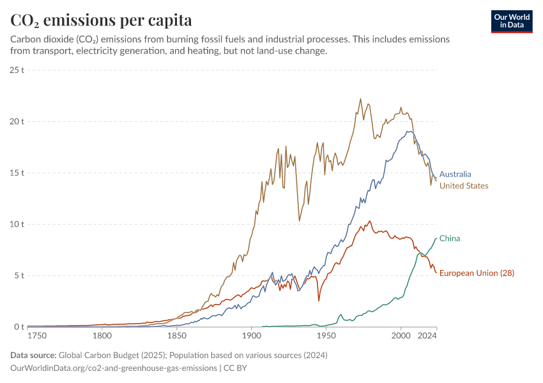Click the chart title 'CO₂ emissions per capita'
coord(101,20)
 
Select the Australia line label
coord(455,174)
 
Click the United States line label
coord(464,186)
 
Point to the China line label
coord(450,239)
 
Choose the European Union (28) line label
coord(477,273)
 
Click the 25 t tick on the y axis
coord(17,70)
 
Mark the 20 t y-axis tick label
coord(17,121)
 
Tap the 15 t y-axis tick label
coord(17,173)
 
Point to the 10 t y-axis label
coord(17,224)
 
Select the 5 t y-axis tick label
coord(19,276)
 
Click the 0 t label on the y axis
coord(19,327)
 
